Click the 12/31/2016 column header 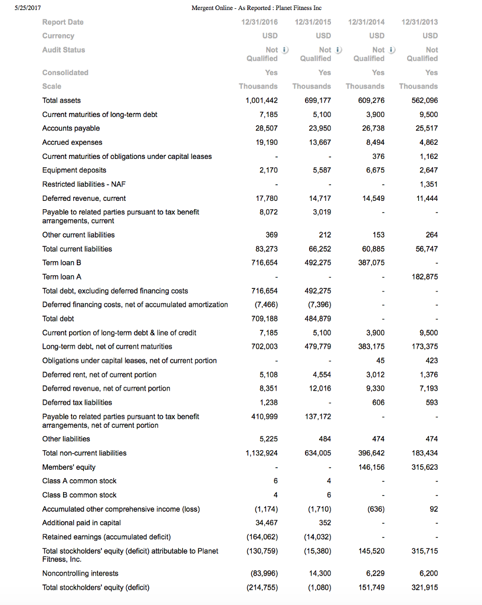260,22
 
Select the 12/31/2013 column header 419,22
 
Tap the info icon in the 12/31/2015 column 339,50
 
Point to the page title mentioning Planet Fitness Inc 247,7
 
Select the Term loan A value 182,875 424,277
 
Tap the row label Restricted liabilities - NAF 84,184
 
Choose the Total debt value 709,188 264,318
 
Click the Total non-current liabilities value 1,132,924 261,453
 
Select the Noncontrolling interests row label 80,573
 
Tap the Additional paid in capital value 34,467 266,523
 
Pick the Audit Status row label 64,50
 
